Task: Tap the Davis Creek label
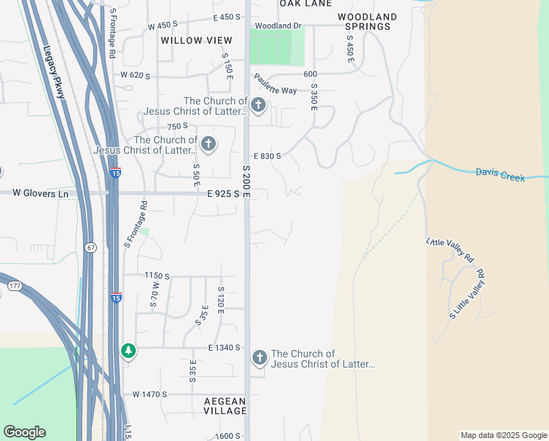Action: (x=500, y=174)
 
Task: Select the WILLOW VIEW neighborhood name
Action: (x=196, y=40)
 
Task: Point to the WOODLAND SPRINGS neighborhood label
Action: (x=367, y=21)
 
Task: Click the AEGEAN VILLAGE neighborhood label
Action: (x=225, y=406)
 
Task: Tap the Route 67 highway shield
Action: (x=90, y=247)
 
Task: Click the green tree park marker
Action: (x=129, y=351)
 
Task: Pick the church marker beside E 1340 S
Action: (x=259, y=358)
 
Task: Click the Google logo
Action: (x=24, y=432)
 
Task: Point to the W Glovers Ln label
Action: (x=40, y=193)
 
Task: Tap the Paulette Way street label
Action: (x=275, y=85)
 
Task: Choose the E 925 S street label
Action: (x=224, y=193)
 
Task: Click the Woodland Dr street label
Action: (x=277, y=26)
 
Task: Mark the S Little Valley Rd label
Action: (x=468, y=295)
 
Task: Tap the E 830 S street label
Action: (x=267, y=156)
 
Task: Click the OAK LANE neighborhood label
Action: (x=305, y=4)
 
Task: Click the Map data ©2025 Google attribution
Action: (x=503, y=435)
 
